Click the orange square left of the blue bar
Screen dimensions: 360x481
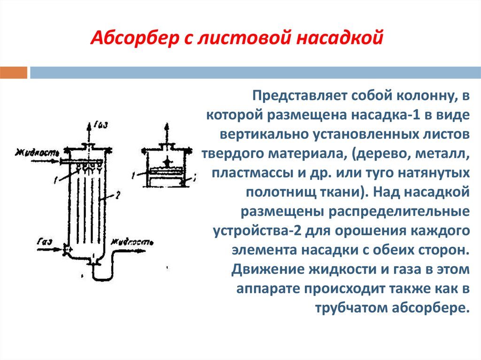pyautogui.click(x=14, y=72)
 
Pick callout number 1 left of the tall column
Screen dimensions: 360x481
pyautogui.click(x=56, y=179)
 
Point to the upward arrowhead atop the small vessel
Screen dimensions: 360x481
pyautogui.click(x=166, y=126)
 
